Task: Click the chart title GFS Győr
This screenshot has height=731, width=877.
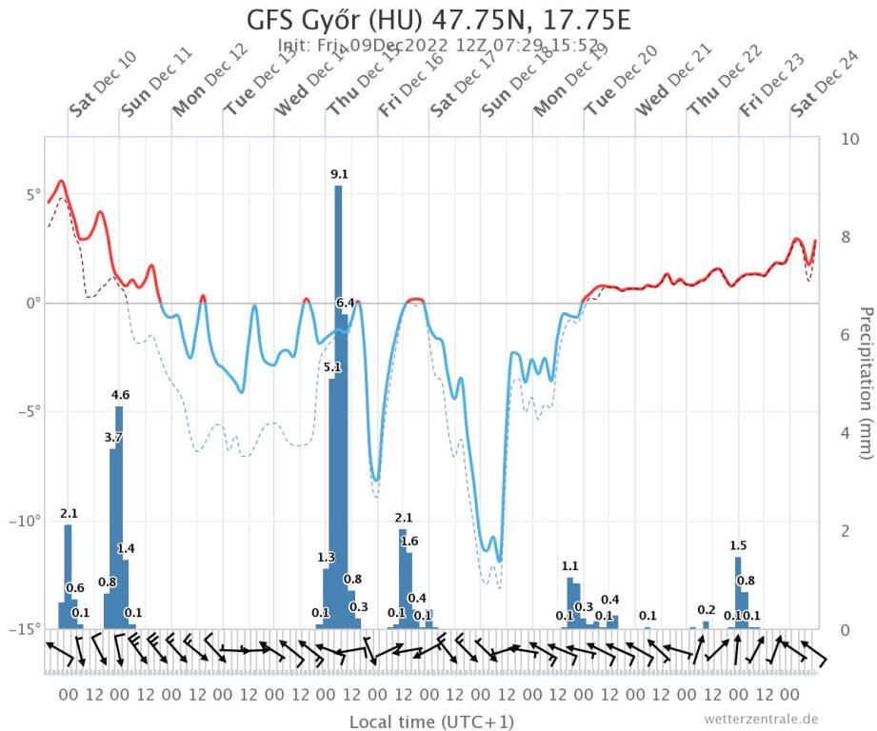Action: (x=438, y=21)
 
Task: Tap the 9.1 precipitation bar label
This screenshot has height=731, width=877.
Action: (x=339, y=174)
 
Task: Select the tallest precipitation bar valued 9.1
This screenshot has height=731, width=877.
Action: (x=338, y=400)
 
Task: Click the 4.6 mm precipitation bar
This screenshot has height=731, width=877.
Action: (x=119, y=514)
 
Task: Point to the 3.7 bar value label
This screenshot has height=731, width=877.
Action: (x=113, y=437)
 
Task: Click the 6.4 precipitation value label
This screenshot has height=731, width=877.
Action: (x=345, y=303)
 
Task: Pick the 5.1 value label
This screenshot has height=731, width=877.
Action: (x=332, y=366)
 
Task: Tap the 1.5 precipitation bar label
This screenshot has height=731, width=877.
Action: (x=738, y=545)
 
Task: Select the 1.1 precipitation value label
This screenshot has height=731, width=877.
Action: (x=570, y=566)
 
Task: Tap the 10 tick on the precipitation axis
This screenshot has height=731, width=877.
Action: (x=851, y=139)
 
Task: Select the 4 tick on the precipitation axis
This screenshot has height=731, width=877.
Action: (x=847, y=433)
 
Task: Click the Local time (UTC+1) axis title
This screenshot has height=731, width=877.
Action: (x=432, y=721)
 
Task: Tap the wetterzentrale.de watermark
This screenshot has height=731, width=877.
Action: (x=761, y=719)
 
